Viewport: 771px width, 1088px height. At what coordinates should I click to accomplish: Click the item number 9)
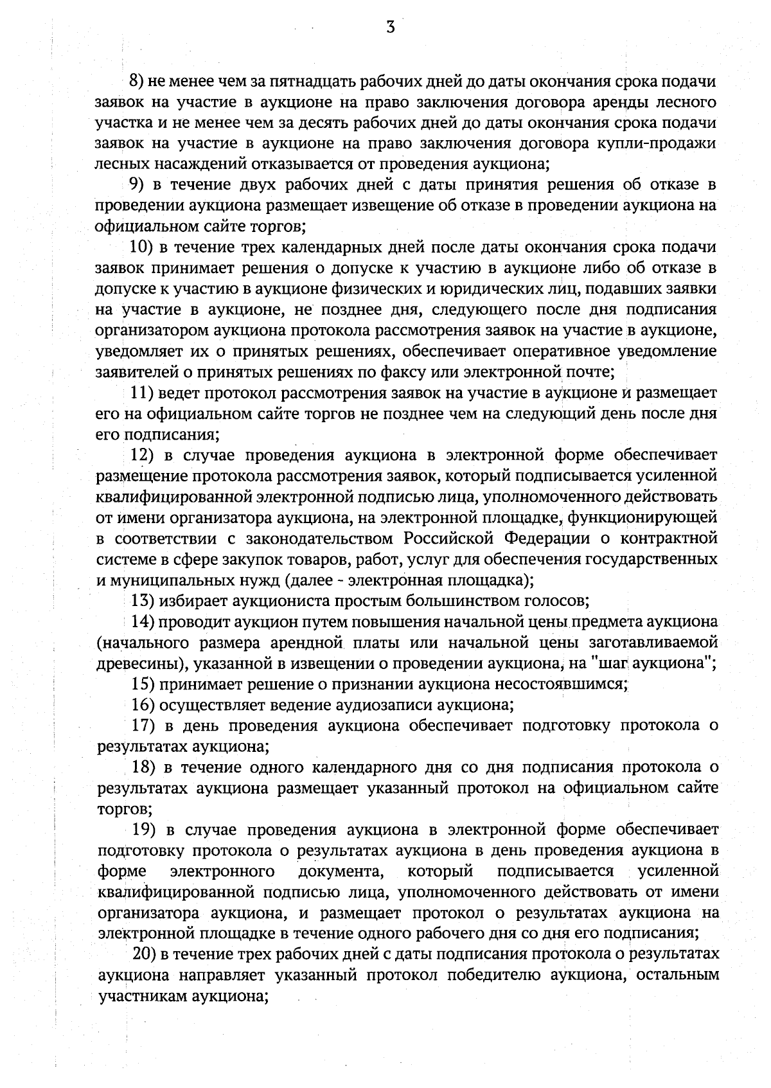pos(137,184)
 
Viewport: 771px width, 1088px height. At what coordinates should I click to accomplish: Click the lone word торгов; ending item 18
pos(116,808)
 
